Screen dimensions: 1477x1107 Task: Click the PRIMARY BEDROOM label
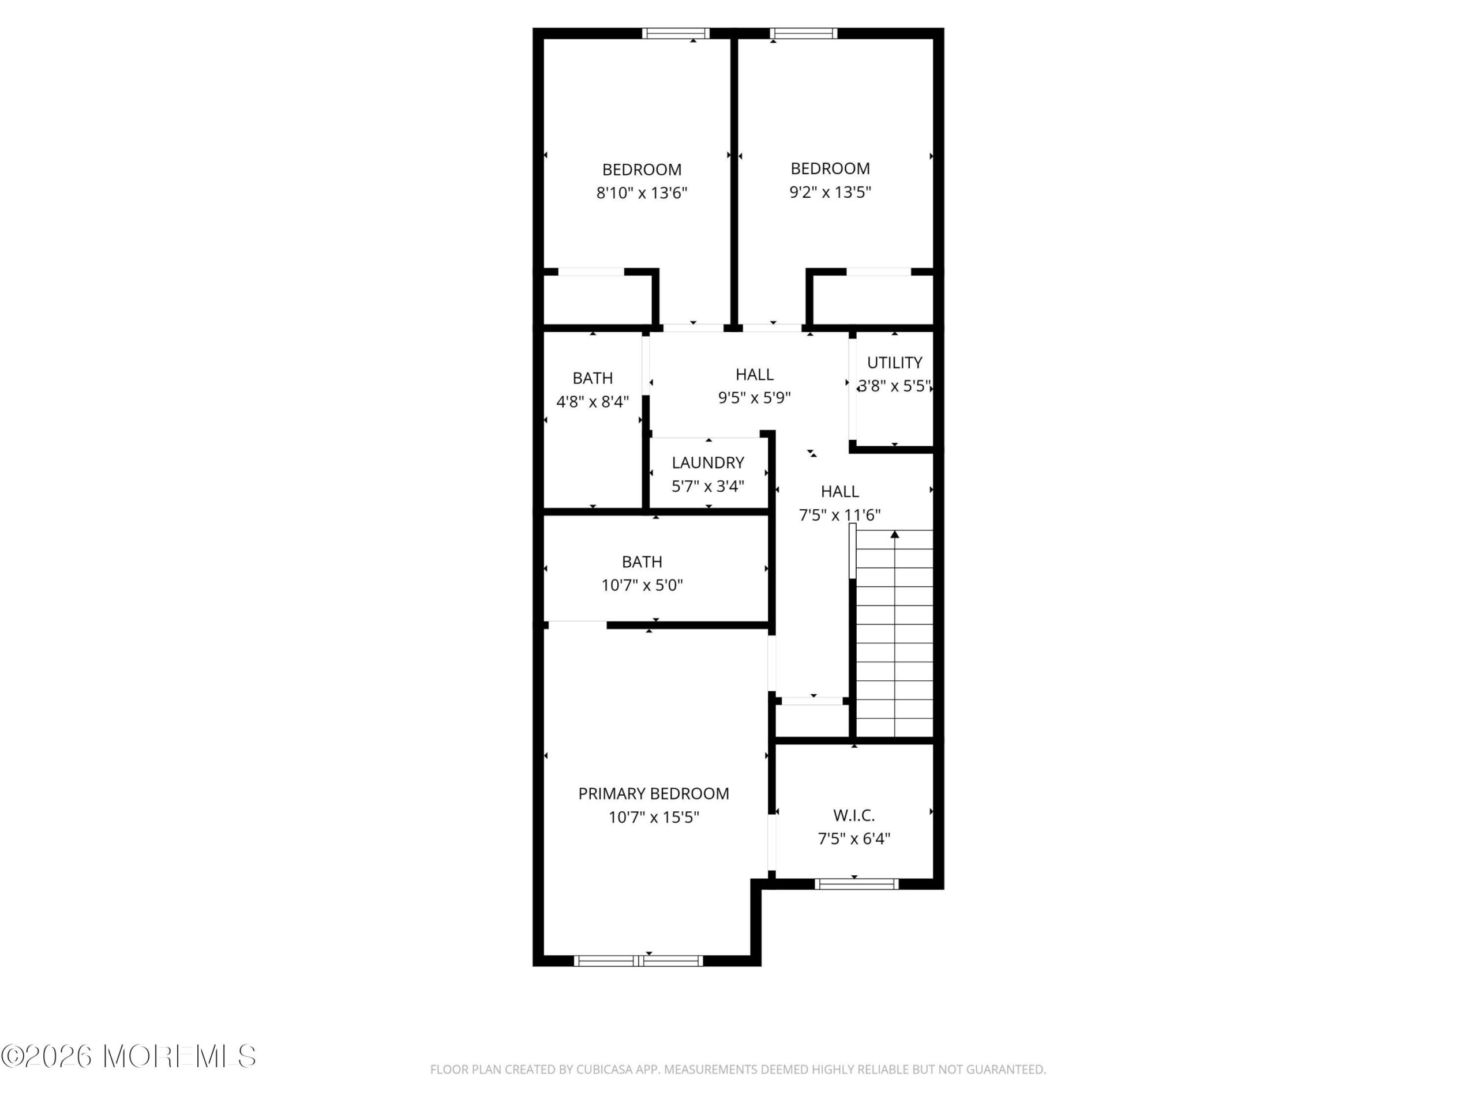[x=653, y=793]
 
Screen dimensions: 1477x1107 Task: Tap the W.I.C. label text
[x=853, y=815]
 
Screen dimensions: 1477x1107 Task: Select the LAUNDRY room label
[x=708, y=462]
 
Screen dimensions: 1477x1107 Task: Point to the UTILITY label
[x=894, y=362]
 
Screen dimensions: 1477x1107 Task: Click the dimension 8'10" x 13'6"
[x=642, y=193]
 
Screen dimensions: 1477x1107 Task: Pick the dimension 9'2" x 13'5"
[x=830, y=192]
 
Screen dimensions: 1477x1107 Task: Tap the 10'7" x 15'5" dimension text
[x=653, y=818]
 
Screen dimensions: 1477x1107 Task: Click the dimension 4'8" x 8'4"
[x=593, y=402]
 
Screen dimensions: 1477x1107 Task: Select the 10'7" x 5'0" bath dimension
[x=642, y=585]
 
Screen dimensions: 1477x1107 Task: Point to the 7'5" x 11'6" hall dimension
[x=839, y=515]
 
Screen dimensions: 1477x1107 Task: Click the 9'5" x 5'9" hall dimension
[x=754, y=398]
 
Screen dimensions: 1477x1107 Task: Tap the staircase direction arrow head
[x=894, y=534]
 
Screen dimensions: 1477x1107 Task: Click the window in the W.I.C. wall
[x=856, y=884]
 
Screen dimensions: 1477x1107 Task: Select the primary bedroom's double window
[x=638, y=961]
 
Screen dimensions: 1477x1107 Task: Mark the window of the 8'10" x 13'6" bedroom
[x=676, y=33]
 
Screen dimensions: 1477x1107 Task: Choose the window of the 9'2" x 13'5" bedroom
[x=803, y=33]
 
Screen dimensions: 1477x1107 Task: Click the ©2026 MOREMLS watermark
[x=128, y=1056]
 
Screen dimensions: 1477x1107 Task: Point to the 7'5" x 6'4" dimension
[x=853, y=839]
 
